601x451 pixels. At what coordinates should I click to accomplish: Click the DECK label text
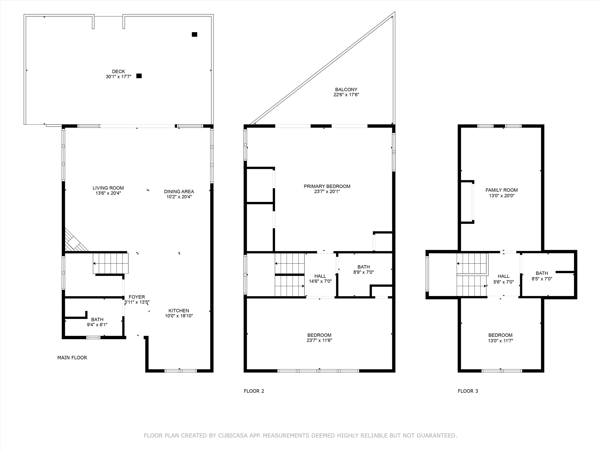118,72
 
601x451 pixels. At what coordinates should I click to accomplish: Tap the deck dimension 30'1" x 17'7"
118,77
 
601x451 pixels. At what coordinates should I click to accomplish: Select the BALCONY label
346,89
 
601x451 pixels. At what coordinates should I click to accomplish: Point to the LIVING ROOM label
108,188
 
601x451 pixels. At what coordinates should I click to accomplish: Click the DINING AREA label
179,191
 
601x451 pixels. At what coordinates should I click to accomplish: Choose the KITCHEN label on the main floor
179,310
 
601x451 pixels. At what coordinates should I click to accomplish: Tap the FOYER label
137,297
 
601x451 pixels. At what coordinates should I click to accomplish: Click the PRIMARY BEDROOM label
327,186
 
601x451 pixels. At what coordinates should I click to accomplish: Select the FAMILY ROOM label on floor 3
502,190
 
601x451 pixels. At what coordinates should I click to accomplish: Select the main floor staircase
111,263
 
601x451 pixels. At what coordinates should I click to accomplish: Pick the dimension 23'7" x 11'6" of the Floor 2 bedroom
319,340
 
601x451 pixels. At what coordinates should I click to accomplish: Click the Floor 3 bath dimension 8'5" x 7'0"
542,278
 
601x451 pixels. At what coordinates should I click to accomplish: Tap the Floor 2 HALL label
320,276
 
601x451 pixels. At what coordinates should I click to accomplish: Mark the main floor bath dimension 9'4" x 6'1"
97,324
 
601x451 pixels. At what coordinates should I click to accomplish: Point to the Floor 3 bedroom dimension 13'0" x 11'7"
500,340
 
